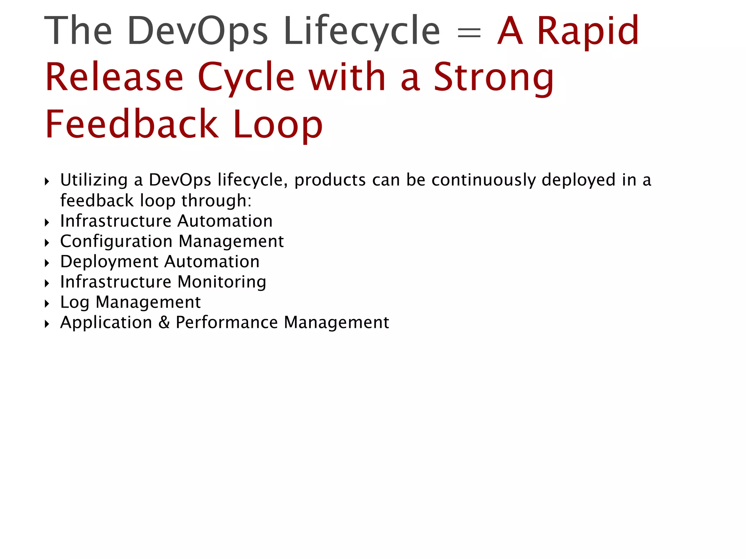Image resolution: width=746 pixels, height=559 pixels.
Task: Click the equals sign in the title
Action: click(469, 33)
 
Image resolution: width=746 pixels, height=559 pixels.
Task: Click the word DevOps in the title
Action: click(197, 31)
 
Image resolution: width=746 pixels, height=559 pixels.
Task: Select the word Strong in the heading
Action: click(494, 78)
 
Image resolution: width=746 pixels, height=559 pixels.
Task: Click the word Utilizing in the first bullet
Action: click(94, 180)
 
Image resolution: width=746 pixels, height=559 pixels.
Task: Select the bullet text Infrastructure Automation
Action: click(166, 221)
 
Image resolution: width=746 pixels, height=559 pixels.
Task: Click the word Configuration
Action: click(116, 242)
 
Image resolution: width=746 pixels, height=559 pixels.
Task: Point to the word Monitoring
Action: click(222, 282)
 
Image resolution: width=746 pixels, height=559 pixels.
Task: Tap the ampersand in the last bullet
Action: click(164, 322)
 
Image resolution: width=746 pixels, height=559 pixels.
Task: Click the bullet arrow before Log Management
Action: click(47, 304)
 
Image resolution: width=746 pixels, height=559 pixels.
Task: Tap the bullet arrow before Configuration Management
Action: click(47, 243)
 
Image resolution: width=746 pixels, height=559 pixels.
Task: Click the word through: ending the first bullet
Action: click(216, 201)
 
